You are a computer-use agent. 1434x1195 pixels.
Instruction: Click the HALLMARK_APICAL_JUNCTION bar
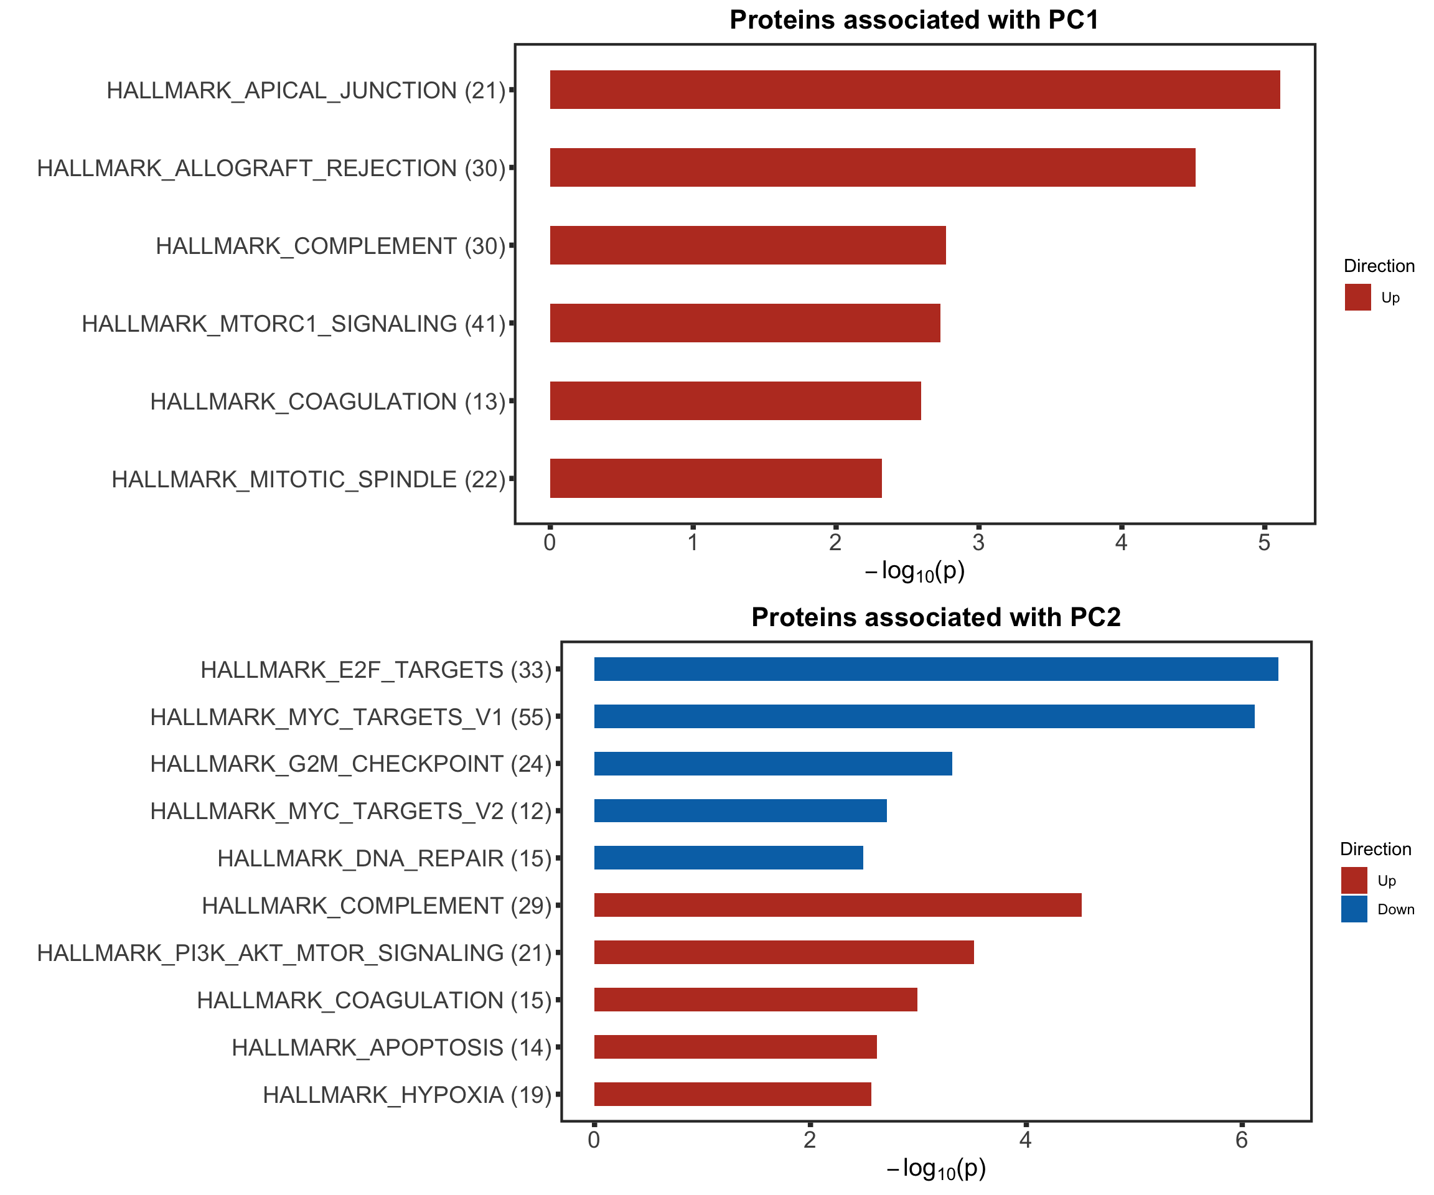[914, 90]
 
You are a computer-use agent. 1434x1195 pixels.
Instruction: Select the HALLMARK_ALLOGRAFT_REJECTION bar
[872, 167]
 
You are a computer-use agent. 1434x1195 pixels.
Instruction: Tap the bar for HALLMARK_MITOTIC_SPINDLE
[716, 478]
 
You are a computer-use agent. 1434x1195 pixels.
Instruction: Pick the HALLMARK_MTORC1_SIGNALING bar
[744, 323]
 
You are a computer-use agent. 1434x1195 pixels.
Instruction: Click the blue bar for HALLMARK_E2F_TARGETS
[935, 669]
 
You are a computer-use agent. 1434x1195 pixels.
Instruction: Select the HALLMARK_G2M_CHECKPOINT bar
[772, 764]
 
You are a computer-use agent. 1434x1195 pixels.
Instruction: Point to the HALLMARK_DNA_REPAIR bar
[728, 858]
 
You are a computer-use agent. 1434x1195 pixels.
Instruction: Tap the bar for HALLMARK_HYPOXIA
[732, 1094]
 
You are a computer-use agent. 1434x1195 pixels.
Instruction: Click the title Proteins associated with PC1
[914, 20]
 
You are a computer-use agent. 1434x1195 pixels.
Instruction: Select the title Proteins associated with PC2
[935, 617]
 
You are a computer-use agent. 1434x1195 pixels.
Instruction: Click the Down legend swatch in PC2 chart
[1354, 909]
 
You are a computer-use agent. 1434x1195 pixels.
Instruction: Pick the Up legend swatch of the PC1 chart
[1357, 297]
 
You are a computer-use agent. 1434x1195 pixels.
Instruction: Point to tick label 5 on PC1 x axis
[1264, 543]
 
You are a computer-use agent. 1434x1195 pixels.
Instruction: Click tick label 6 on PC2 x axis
[1241, 1140]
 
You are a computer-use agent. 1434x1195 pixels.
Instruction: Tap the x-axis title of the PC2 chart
[935, 1168]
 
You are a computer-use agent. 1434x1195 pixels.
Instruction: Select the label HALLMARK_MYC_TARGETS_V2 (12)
[350, 811]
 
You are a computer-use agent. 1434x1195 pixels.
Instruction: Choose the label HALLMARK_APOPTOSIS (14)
[391, 1047]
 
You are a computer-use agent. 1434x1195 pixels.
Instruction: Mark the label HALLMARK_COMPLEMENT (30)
[330, 246]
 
